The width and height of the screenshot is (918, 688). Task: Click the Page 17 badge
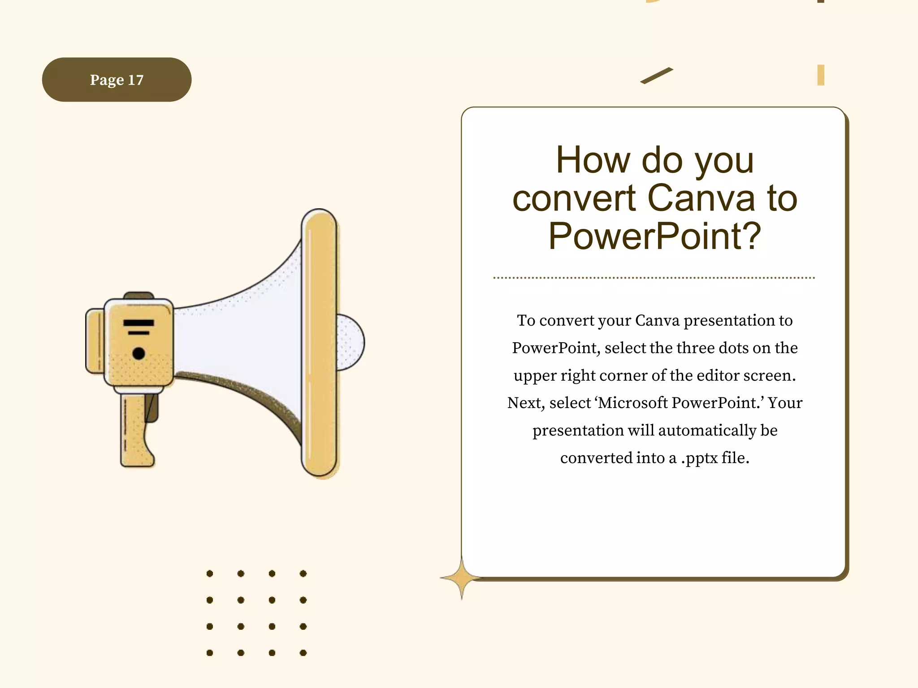point(117,80)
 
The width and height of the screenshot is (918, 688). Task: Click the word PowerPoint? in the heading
point(654,236)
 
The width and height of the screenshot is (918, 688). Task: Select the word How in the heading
point(593,160)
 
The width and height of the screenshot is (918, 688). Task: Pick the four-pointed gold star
point(462,578)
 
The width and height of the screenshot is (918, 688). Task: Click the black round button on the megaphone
point(139,353)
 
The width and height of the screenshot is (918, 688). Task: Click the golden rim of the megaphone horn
point(320,343)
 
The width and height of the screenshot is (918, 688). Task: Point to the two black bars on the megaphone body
point(139,327)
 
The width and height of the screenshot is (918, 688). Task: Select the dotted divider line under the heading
point(654,278)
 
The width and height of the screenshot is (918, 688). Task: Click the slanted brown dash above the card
point(656,76)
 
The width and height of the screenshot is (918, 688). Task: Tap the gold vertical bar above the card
point(820,75)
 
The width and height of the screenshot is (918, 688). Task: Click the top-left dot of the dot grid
point(210,573)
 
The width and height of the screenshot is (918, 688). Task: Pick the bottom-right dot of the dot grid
point(303,653)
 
